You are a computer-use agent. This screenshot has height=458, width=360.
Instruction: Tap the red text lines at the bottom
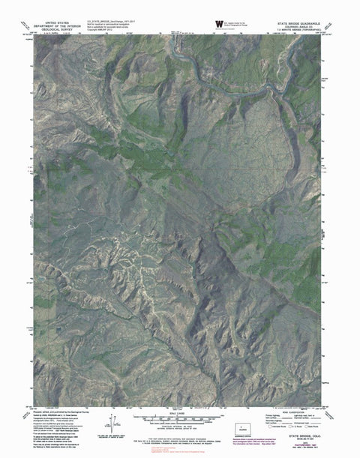coord(180,453)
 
